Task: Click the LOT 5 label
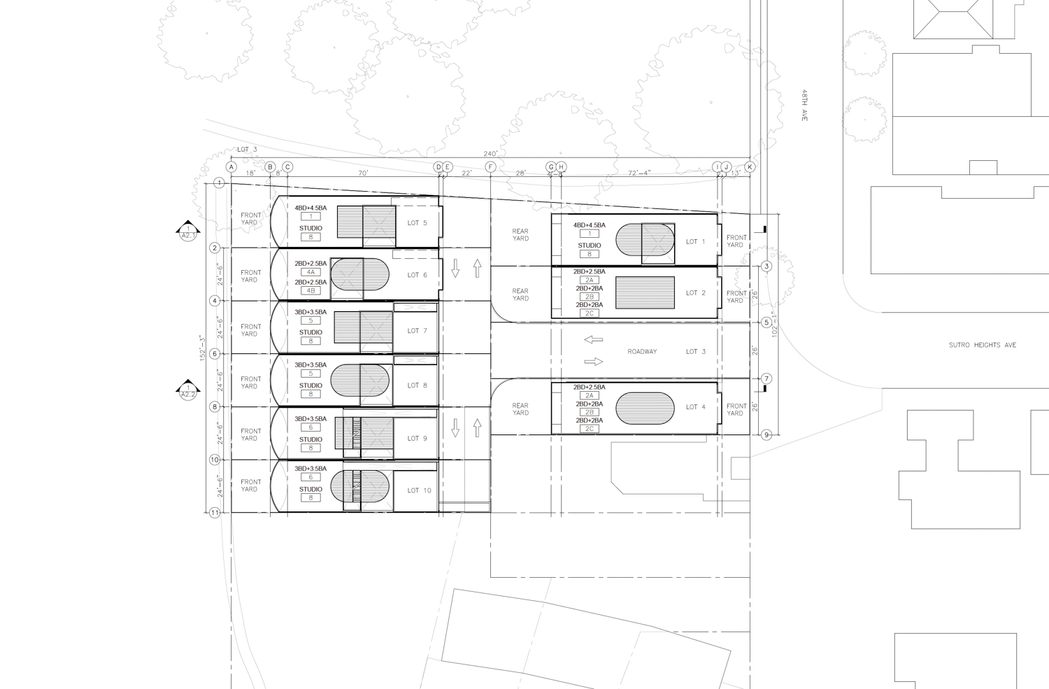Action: click(417, 223)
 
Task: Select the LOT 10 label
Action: click(419, 490)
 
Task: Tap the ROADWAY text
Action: click(642, 352)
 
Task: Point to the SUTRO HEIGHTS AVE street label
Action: click(982, 345)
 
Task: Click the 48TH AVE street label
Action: click(805, 106)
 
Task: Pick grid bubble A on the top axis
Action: click(231, 167)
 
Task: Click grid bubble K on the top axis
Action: click(750, 167)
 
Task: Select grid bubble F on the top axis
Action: click(490, 167)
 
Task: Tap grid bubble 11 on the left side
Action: click(215, 513)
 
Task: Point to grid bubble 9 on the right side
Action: click(766, 435)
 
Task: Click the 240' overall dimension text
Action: click(490, 154)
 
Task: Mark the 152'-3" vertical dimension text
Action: click(201, 348)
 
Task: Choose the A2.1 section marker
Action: click(188, 232)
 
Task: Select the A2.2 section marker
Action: click(188, 391)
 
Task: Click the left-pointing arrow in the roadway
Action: click(593, 340)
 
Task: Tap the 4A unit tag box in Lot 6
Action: click(311, 272)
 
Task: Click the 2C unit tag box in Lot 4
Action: click(589, 429)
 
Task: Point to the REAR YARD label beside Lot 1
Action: click(520, 235)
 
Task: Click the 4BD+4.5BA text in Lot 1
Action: click(589, 225)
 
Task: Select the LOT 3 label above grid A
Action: click(247, 150)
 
